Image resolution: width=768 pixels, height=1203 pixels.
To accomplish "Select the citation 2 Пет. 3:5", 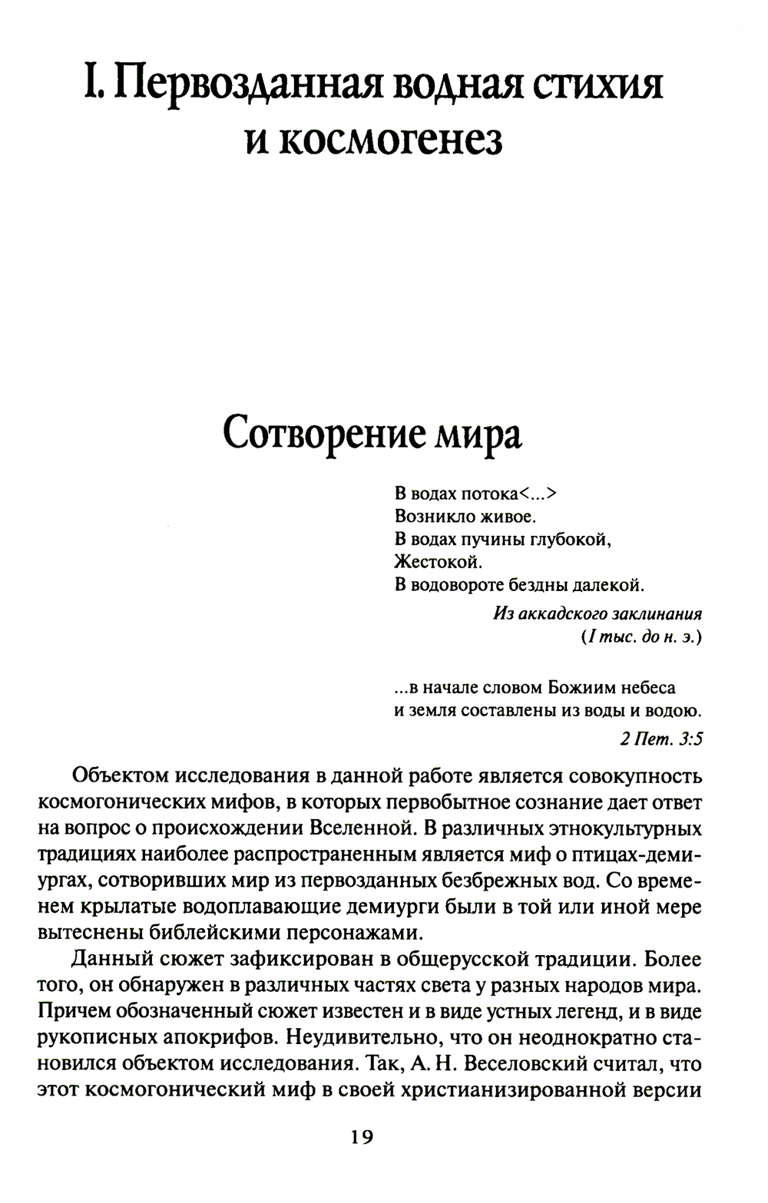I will tap(660, 739).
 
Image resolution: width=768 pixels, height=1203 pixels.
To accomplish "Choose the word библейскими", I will tap(180, 934).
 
